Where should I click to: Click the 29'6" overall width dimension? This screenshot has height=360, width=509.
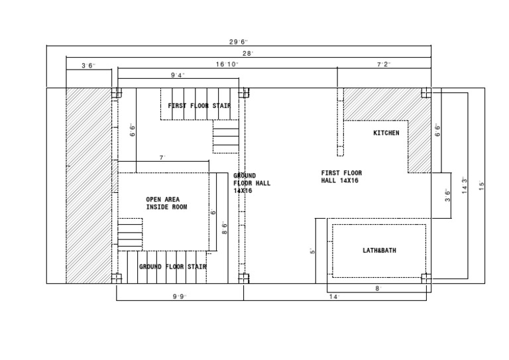239,42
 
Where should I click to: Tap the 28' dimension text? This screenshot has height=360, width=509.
248,54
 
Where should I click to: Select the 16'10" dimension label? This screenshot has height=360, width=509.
227,64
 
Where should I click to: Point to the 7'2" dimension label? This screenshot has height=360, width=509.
384,64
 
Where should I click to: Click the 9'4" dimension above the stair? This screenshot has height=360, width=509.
178,76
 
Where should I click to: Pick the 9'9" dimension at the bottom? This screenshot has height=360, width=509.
180,297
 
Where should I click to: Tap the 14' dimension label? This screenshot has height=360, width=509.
334,297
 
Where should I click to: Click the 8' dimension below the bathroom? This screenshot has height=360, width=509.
378,288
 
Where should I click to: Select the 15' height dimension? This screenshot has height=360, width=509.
482,186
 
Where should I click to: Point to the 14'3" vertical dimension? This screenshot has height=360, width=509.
465,186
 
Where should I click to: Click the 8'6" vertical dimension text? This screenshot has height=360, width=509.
225,228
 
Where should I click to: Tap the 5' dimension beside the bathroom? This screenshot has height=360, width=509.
313,251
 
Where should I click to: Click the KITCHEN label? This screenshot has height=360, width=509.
386,133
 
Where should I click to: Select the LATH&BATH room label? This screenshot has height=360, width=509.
379,251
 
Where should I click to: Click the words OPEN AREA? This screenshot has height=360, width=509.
162,200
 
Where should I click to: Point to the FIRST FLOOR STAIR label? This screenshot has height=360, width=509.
199,106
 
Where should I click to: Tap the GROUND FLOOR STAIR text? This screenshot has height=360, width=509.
173,267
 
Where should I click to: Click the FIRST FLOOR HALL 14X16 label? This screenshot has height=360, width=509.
341,176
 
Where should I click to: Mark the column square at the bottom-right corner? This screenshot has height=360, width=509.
426,278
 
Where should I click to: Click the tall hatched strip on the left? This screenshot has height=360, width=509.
89,186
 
